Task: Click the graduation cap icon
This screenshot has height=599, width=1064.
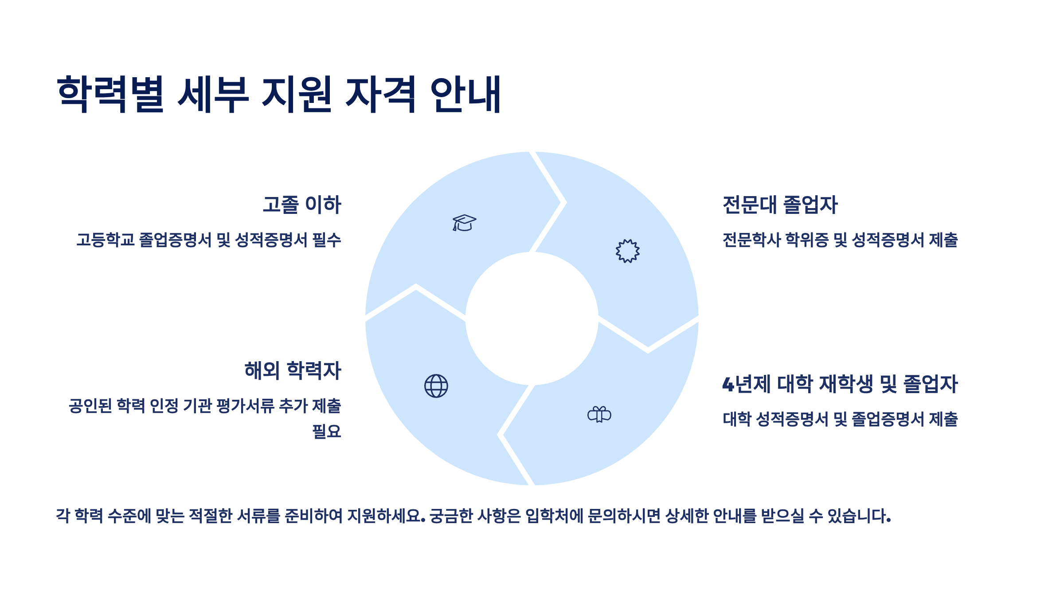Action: pos(464,223)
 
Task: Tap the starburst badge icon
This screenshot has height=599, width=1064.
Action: pos(627,251)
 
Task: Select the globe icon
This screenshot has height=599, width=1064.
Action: pos(436,386)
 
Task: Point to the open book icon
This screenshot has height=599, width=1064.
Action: pos(599,415)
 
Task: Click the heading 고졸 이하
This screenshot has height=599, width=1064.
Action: pos(302,205)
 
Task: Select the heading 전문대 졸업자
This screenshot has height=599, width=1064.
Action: pos(780,205)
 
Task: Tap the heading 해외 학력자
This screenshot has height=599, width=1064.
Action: pos(293,370)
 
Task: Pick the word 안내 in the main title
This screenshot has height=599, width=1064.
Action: pos(465,94)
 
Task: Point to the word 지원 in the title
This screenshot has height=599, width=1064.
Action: pos(297,94)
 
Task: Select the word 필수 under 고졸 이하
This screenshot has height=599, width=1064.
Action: pos(327,240)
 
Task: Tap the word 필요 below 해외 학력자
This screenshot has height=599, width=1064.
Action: pos(327,431)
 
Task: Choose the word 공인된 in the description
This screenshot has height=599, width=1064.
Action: pos(90,406)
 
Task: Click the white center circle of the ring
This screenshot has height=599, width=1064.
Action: pos(532,319)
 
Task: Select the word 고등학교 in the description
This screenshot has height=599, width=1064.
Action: pos(105,240)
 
